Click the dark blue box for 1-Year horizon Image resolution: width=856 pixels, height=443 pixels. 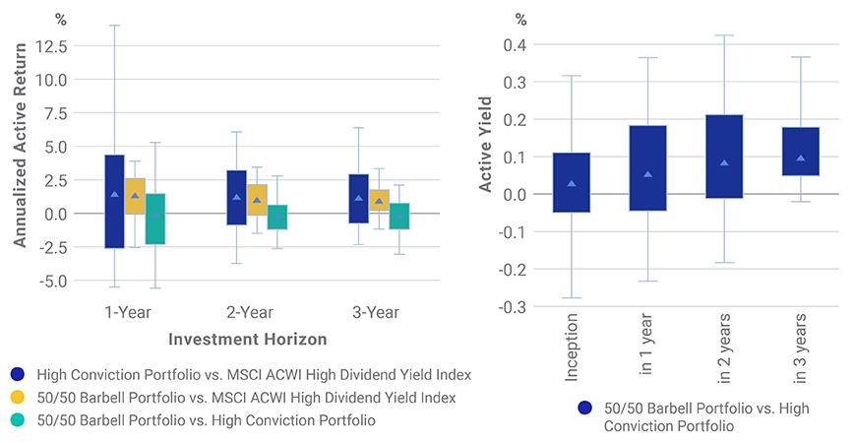pyautogui.click(x=114, y=201)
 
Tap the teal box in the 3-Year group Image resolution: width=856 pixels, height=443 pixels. pyautogui.click(x=399, y=216)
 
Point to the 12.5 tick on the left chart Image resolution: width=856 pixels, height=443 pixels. pyautogui.click(x=50, y=45)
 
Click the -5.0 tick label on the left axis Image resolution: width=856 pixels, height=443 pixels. pyautogui.click(x=50, y=281)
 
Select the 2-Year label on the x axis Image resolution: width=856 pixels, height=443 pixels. pyautogui.click(x=250, y=313)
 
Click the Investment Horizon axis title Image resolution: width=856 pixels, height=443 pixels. pyautogui.click(x=247, y=339)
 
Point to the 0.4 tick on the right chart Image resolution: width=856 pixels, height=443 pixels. pyautogui.click(x=516, y=45)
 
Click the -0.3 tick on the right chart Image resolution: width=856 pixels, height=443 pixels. pyautogui.click(x=513, y=307)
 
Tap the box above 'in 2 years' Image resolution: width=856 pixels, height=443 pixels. pyautogui.click(x=724, y=157)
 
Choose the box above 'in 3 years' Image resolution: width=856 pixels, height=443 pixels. pyautogui.click(x=801, y=152)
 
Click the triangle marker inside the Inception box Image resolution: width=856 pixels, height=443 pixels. pyautogui.click(x=573, y=184)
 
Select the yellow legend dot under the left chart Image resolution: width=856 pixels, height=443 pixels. pyautogui.click(x=18, y=398)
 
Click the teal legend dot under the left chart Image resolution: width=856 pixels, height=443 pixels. pyautogui.click(x=18, y=420)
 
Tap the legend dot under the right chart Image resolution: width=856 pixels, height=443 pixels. pyautogui.click(x=585, y=408)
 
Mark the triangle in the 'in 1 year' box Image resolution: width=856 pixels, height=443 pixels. pyautogui.click(x=648, y=174)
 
